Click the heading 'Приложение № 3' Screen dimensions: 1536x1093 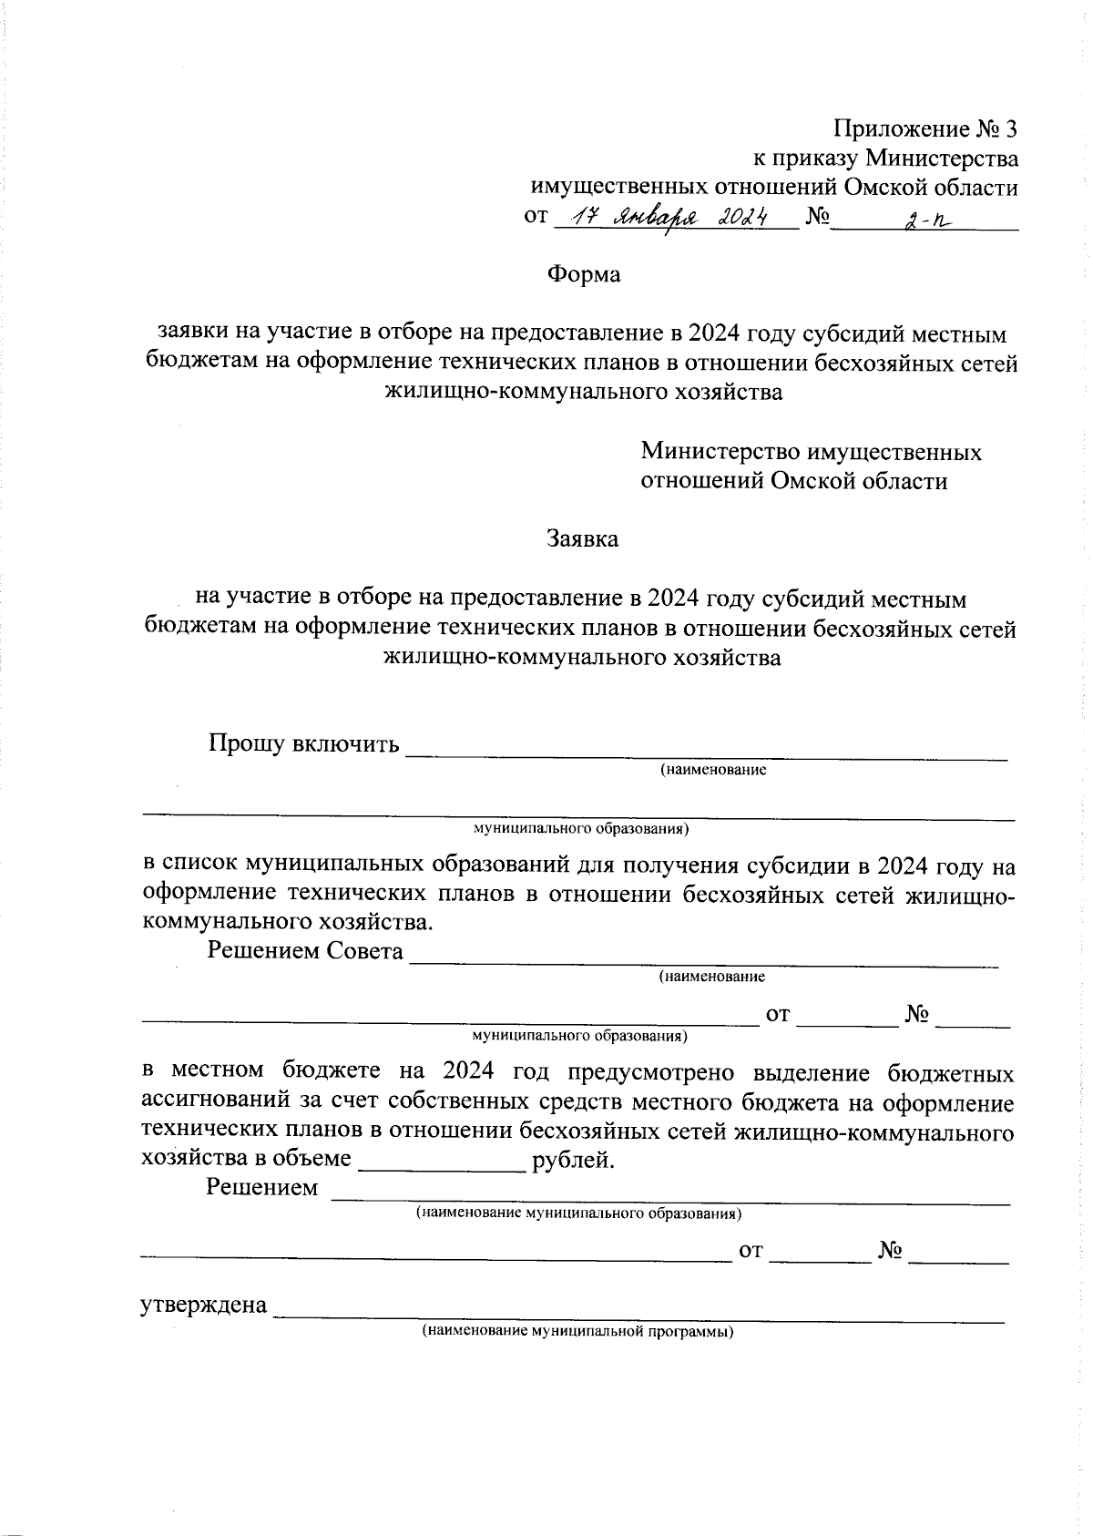tap(924, 128)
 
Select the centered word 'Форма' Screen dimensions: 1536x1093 tap(583, 274)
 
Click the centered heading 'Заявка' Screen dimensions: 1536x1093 tap(582, 538)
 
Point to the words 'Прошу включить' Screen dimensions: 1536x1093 tap(304, 744)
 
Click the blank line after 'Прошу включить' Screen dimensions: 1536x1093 tap(706, 753)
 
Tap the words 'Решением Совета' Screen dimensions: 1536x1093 tap(305, 951)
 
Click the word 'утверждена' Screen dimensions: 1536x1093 tap(204, 1306)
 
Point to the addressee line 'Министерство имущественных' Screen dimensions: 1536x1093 tap(811, 452)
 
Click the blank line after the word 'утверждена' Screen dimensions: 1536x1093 tap(638, 1314)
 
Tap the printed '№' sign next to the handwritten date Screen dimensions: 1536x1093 tap(817, 218)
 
